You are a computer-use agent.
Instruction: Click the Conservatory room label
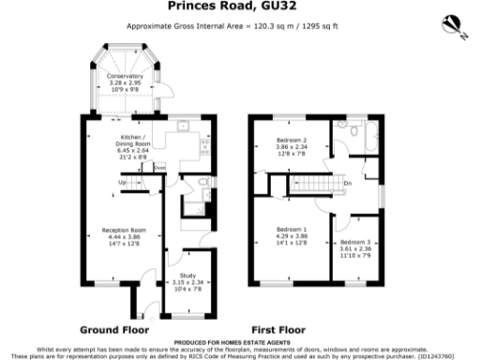[125, 76]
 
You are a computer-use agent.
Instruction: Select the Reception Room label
[124, 230]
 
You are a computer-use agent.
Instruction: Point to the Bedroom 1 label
[291, 230]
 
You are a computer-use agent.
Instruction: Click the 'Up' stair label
[122, 182]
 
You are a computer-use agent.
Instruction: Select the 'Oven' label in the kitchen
[159, 170]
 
